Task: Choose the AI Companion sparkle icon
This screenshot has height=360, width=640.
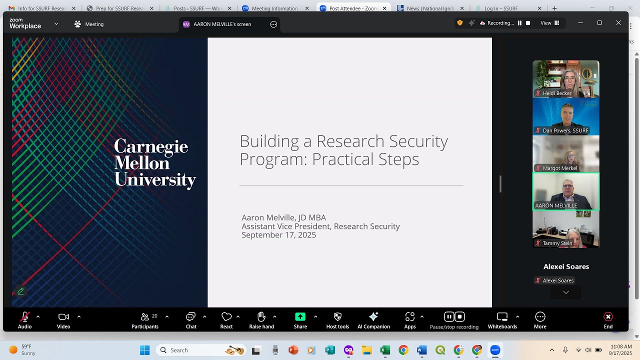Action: (373, 316)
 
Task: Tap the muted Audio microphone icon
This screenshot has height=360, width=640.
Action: (24, 316)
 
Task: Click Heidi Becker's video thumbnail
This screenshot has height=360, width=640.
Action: (565, 78)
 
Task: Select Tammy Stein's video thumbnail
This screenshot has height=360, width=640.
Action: (565, 229)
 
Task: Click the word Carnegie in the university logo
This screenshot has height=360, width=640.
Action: (151, 146)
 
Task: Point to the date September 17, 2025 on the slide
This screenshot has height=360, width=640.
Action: (278, 235)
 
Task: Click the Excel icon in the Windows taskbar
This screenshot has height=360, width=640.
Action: (385, 350)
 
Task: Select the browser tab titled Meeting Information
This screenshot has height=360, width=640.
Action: (274, 8)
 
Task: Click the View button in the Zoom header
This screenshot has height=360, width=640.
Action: (549, 23)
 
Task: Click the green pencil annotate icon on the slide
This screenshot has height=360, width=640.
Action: (20, 291)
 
